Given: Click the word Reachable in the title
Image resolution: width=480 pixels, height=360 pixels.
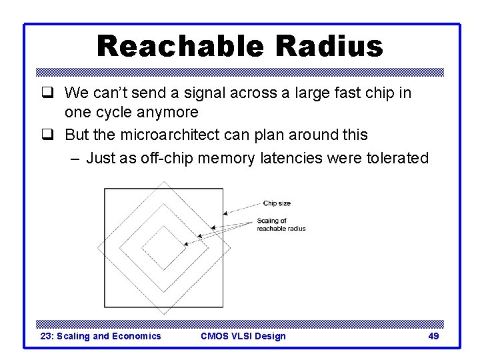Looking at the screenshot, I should click(180, 47).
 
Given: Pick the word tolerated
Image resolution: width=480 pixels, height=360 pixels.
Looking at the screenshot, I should click(397, 158).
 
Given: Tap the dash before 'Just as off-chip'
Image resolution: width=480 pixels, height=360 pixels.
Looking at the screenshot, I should click(75, 159).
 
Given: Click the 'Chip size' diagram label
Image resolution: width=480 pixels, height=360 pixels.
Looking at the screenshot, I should click(277, 203).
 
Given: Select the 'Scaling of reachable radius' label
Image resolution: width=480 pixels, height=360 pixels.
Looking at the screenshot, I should click(281, 225).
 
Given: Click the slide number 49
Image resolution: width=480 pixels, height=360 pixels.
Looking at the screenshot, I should click(433, 336).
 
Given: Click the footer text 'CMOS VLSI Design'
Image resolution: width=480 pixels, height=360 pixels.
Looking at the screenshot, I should click(243, 336).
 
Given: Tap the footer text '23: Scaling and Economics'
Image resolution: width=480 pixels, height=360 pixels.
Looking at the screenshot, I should click(101, 336).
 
